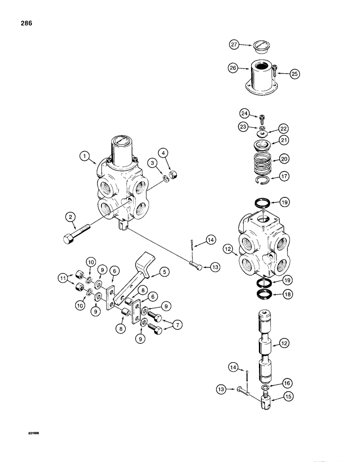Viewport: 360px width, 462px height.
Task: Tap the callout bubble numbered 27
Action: click(x=234, y=45)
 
